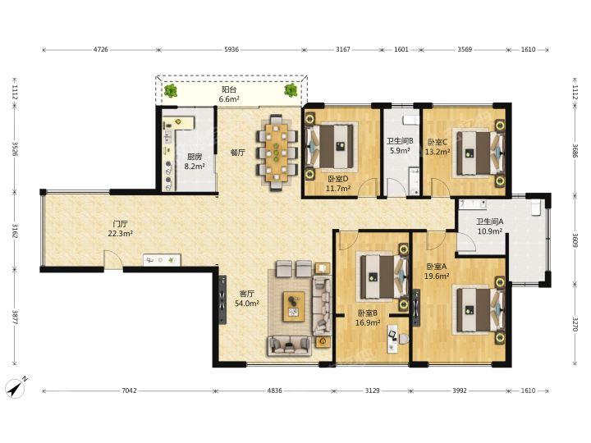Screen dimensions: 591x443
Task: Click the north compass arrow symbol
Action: tap(17, 386)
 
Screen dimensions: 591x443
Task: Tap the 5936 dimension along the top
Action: tap(231, 49)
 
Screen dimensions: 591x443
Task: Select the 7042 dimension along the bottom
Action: tap(129, 390)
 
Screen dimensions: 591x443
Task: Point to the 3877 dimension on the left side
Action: tap(15, 317)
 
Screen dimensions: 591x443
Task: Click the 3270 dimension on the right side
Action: tap(575, 323)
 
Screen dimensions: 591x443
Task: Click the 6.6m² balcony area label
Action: tap(229, 99)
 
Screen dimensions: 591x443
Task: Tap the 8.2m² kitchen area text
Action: tap(195, 166)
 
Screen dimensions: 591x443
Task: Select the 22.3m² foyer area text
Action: tap(120, 233)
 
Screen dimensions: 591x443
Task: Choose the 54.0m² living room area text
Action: tap(247, 303)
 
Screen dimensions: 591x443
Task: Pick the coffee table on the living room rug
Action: tap(294, 306)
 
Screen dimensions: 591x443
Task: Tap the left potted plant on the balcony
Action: tap(171, 91)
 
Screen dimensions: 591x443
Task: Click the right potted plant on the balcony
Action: tap(291, 90)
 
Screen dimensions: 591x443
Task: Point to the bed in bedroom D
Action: tap(331, 145)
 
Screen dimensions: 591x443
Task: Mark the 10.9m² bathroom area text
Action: tap(489, 231)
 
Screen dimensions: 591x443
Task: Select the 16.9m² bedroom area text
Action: tap(368, 322)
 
